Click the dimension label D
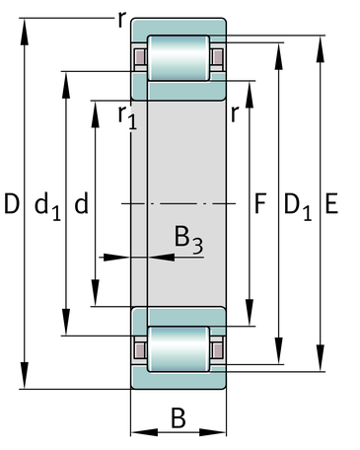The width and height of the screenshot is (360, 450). pyautogui.click(x=12, y=204)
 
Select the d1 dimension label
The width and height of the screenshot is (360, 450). pyautogui.click(x=48, y=206)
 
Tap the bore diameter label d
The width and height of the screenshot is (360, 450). pyautogui.click(x=82, y=203)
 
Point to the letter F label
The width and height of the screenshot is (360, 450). pyautogui.click(x=260, y=203)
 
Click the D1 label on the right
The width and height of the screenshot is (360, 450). pyautogui.click(x=298, y=206)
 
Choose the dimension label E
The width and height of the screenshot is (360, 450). pyautogui.click(x=331, y=204)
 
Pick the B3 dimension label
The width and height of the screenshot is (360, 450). pyautogui.click(x=188, y=240)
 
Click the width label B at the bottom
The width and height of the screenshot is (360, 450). pyautogui.click(x=179, y=417)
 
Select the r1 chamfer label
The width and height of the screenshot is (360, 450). pyautogui.click(x=127, y=117)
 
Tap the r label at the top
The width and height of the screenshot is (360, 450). pyautogui.click(x=121, y=20)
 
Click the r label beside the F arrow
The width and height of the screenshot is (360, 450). pyautogui.click(x=234, y=114)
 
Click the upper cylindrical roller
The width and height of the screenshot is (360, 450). pyautogui.click(x=179, y=58)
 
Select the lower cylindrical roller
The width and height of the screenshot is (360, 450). pyautogui.click(x=179, y=349)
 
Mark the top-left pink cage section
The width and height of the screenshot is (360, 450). pyautogui.click(x=140, y=57)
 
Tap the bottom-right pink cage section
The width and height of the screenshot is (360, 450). pyautogui.click(x=217, y=349)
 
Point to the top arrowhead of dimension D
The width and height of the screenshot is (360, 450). pyautogui.click(x=25, y=32)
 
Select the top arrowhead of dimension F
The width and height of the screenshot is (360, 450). pyautogui.click(x=250, y=95)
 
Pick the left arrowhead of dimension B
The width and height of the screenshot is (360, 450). pyautogui.click(x=144, y=432)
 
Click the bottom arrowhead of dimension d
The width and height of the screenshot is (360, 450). pyautogui.click(x=96, y=293)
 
